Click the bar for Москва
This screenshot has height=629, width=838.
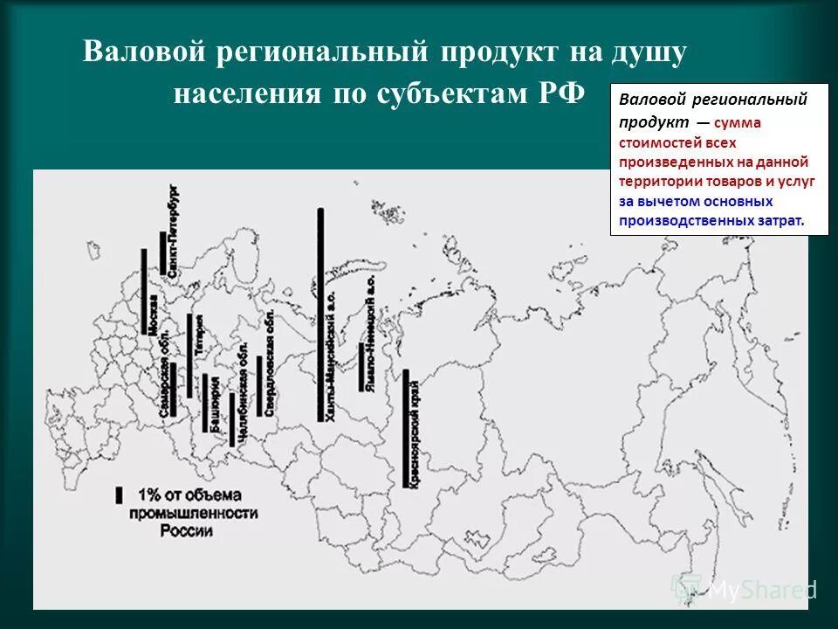click(x=143, y=291)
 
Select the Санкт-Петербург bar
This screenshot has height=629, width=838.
click(x=163, y=252)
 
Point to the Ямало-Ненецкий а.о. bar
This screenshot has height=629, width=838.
click(x=361, y=366)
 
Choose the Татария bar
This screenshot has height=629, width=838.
click(x=189, y=355)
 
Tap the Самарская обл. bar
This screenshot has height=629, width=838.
click(x=173, y=389)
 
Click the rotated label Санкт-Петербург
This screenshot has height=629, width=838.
click(x=174, y=232)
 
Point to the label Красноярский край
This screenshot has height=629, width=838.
click(x=418, y=436)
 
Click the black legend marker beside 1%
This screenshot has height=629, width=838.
click(x=118, y=494)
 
